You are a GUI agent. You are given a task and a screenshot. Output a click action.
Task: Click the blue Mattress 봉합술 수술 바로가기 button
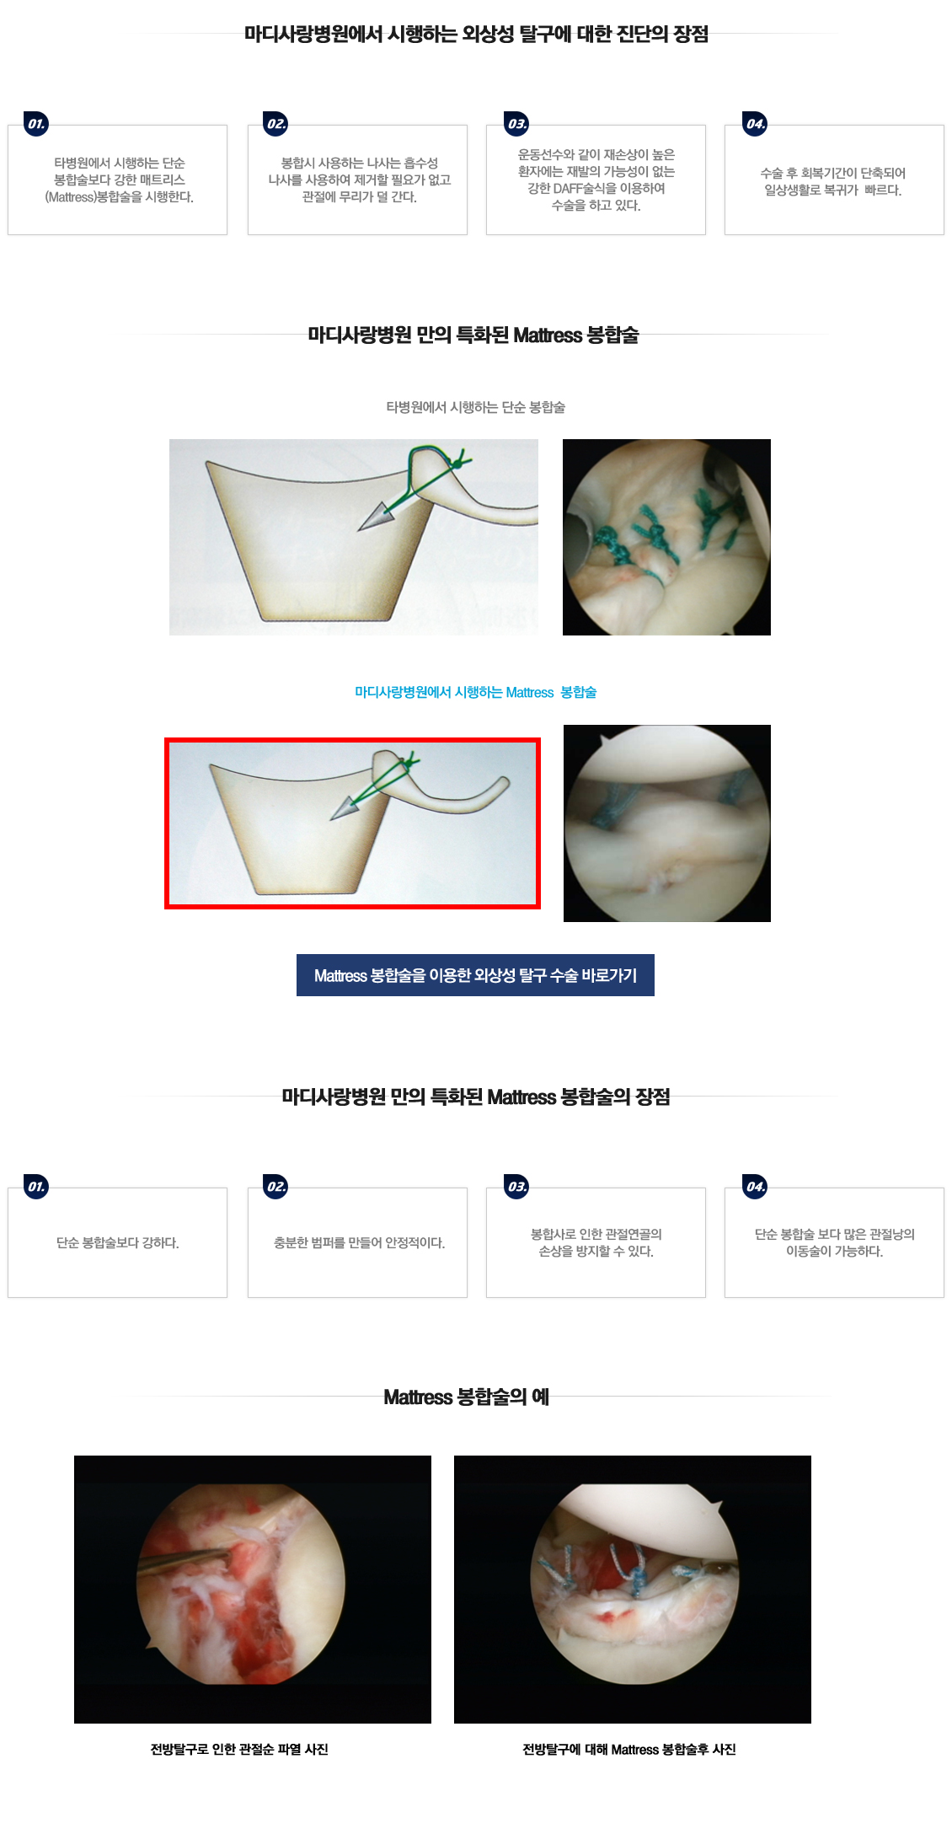point(475,975)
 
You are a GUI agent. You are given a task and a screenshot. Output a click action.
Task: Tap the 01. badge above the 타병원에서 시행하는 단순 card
point(36,124)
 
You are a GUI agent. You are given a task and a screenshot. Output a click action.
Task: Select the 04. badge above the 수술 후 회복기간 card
point(756,124)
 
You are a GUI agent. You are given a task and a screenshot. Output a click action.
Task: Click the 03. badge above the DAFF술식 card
point(516,124)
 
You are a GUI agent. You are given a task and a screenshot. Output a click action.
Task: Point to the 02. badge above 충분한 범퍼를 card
point(276,1187)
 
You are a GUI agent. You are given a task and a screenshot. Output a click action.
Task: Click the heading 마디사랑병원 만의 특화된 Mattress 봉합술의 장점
point(476,1097)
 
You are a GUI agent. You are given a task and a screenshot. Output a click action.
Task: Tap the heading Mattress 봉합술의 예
point(466,1397)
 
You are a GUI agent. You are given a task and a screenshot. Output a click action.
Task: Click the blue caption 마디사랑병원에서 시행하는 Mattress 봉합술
point(476,692)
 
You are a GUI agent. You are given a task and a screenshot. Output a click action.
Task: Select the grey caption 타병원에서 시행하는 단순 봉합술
point(476,407)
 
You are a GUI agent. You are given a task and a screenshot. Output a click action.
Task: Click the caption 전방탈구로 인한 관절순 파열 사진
point(239,1749)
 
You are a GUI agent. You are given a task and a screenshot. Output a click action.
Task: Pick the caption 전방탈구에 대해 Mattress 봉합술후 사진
point(629,1749)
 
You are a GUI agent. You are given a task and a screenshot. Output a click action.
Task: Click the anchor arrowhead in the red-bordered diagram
point(345,809)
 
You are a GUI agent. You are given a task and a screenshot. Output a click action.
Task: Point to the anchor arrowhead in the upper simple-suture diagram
point(374,517)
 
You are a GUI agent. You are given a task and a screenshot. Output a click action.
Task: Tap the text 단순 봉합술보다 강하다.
point(118,1242)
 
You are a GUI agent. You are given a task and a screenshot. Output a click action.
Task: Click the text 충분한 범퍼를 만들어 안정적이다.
point(359,1242)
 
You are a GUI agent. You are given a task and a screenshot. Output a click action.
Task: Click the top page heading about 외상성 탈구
point(476,34)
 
